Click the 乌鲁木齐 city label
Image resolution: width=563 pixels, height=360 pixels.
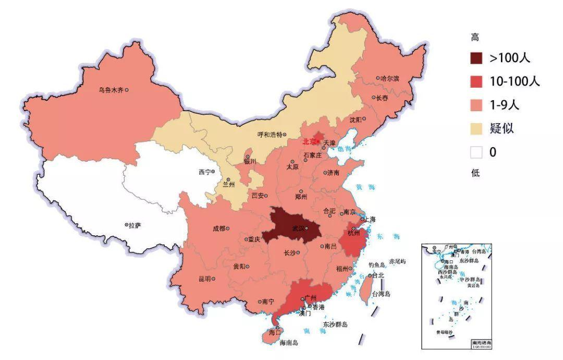pyautogui.click(x=111, y=90)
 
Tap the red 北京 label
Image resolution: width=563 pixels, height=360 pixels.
pyautogui.click(x=309, y=141)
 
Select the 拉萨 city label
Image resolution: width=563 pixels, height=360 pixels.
pyautogui.click(x=134, y=225)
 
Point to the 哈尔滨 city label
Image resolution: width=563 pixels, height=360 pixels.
pyautogui.click(x=389, y=78)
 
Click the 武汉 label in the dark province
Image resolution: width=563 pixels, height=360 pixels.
pyautogui.click(x=299, y=229)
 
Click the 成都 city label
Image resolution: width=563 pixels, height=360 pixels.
pyautogui.click(x=219, y=228)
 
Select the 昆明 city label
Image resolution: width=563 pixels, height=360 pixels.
pyautogui.click(x=204, y=279)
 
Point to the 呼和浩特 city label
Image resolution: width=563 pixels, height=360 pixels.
pyautogui.click(x=270, y=134)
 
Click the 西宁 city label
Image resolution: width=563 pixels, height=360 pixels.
pyautogui.click(x=204, y=172)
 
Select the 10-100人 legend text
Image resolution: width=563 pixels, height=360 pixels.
pyautogui.click(x=514, y=81)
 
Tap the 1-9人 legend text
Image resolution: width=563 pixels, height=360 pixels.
pyautogui.click(x=504, y=105)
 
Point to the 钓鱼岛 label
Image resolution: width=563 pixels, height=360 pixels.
pyautogui.click(x=376, y=265)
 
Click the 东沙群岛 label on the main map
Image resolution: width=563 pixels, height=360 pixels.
pyautogui.click(x=335, y=324)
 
